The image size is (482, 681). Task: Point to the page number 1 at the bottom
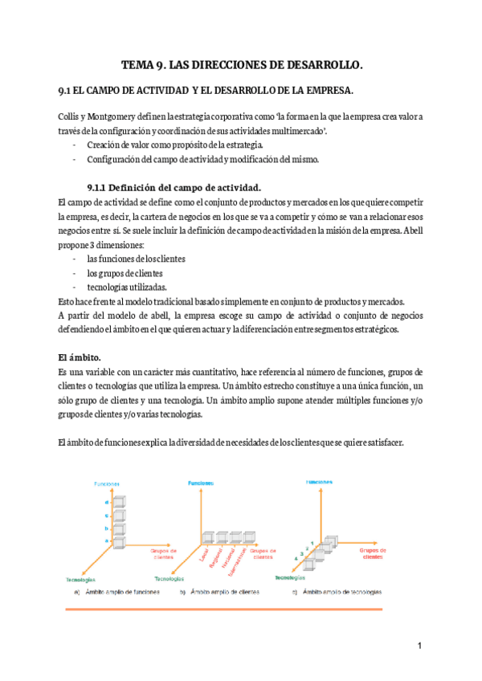pos(419,646)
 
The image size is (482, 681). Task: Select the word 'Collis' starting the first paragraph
pos(71,116)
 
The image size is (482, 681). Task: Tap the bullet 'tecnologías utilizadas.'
pos(126,287)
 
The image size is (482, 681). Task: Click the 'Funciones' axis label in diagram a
pos(107,485)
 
